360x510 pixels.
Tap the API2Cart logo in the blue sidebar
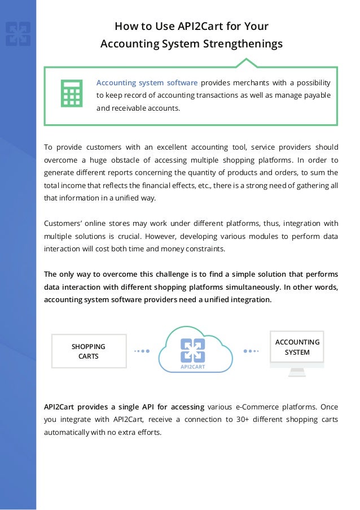18,34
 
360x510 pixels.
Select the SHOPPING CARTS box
89,351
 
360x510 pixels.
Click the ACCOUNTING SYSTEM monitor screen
297,347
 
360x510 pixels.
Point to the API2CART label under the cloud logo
192,367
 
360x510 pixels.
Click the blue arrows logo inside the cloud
192,350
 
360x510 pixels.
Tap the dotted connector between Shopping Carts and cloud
142,351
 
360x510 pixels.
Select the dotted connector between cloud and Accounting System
251,351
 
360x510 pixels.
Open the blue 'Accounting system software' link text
147,82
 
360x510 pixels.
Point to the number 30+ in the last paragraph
254,419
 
